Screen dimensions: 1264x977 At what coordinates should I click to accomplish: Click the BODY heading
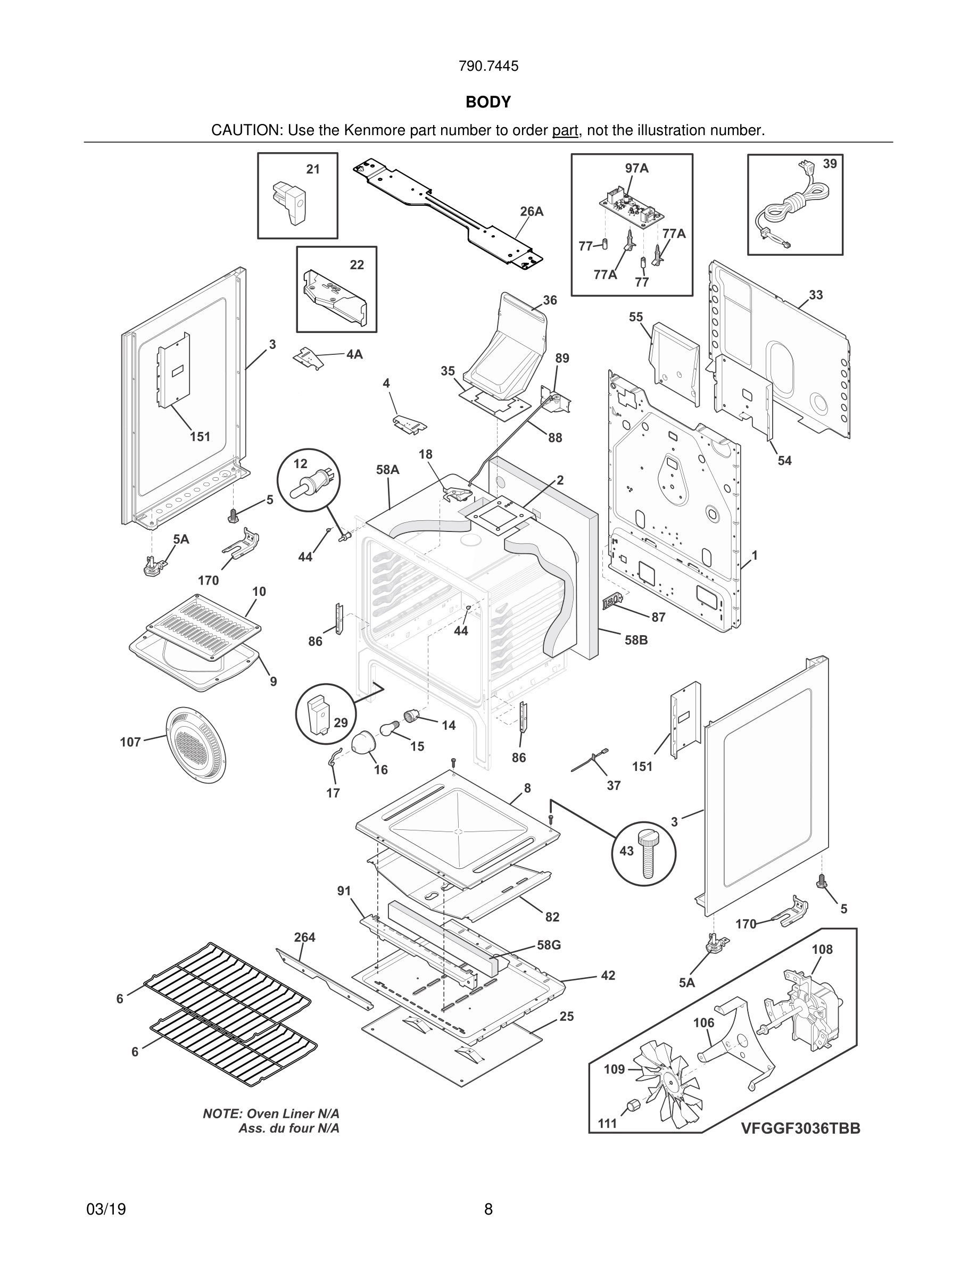pos(488,103)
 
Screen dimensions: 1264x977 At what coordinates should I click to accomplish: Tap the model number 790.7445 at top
pos(488,66)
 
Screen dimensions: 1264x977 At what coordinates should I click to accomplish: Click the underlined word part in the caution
pos(565,131)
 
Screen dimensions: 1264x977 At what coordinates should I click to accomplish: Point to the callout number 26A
pos(531,212)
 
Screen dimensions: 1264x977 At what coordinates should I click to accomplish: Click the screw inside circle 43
pos(647,855)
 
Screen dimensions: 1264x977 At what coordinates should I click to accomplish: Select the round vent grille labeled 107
pos(196,744)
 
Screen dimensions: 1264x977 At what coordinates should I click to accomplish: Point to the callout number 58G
pos(549,945)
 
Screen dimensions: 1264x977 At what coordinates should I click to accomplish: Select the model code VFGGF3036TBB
pos(800,1128)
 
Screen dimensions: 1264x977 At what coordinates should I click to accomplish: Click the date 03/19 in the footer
pos(106,1209)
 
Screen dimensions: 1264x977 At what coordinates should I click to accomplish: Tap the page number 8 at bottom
pos(488,1209)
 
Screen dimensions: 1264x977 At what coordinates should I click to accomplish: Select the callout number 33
pos(816,295)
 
